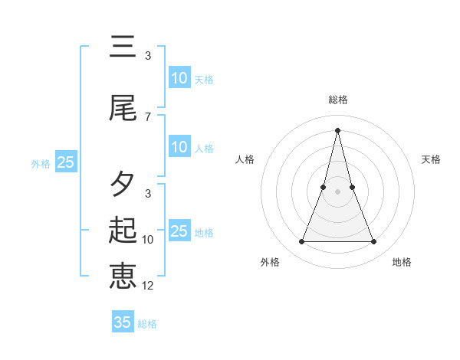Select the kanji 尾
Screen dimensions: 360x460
click(x=123, y=109)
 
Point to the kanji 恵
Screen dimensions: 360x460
click(x=123, y=276)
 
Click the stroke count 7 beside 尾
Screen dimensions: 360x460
click(x=148, y=117)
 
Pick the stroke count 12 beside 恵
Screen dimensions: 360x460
click(x=148, y=286)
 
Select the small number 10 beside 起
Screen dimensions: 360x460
click(x=148, y=240)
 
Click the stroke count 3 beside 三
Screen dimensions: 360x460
click(x=148, y=56)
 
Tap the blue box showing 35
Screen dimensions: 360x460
click(x=123, y=322)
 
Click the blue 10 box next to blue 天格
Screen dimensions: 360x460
click(x=179, y=77)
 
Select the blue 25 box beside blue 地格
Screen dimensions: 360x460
click(x=179, y=231)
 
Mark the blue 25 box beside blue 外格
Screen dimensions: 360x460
click(x=65, y=162)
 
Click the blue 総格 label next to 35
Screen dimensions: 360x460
click(x=147, y=324)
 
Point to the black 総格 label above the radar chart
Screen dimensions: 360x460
click(x=338, y=100)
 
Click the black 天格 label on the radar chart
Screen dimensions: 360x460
click(x=432, y=159)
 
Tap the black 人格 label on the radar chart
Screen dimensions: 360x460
click(x=245, y=159)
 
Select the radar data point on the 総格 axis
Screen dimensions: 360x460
click(x=337, y=129)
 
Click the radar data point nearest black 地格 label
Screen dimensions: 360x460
click(x=374, y=242)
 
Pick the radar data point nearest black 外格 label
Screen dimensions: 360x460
click(x=301, y=242)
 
